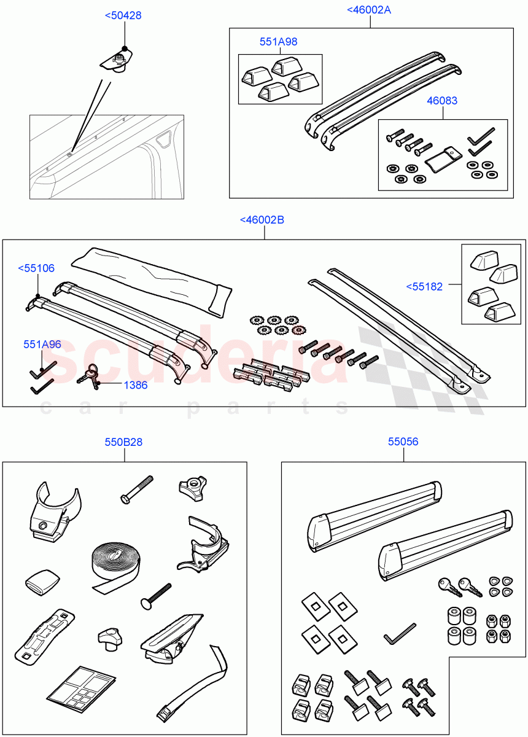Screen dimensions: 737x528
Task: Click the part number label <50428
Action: pos(123,15)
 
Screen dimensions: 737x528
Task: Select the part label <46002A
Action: pos(369,10)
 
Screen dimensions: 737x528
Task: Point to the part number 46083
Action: pos(442,101)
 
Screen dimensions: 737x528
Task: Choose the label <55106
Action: pos(36,268)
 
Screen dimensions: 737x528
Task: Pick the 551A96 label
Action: pos(42,345)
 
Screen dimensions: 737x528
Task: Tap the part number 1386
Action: pos(135,385)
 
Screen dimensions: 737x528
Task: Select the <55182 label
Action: pos(424,286)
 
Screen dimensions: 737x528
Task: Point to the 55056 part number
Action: pos(403,442)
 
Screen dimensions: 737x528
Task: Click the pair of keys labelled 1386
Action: pos(90,376)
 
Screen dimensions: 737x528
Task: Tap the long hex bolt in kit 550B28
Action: pos(139,492)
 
